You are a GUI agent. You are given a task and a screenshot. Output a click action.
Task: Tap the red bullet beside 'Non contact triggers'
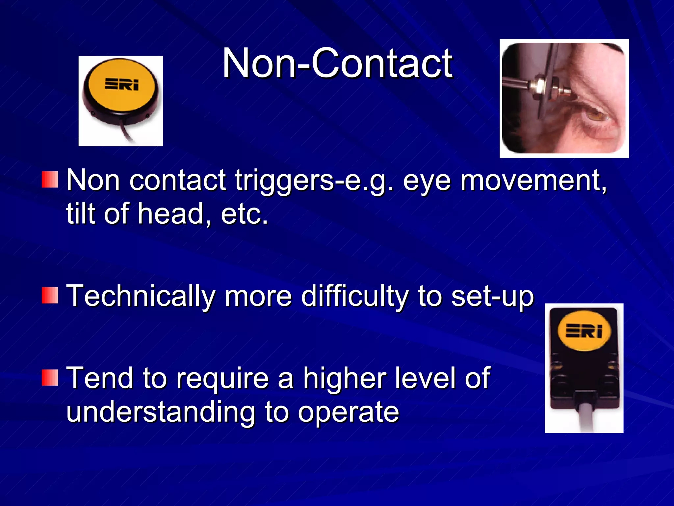[x=50, y=180]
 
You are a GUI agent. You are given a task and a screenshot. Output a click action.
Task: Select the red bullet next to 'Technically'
[x=50, y=295]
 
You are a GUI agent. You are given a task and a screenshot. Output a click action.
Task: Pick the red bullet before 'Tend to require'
[x=50, y=378]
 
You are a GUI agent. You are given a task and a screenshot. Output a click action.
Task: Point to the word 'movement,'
[x=533, y=181]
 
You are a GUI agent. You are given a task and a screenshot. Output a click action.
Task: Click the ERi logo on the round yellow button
[x=122, y=84]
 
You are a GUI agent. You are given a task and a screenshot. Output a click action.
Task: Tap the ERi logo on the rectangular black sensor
[x=584, y=331]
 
